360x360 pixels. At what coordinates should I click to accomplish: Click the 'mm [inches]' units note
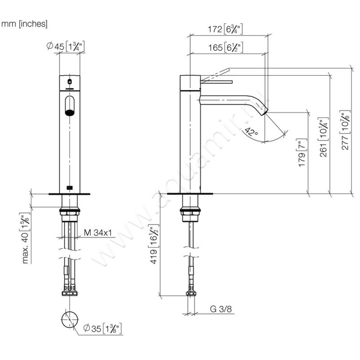(25, 23)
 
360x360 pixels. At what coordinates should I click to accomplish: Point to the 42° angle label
(250, 132)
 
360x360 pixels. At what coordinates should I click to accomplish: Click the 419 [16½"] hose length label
(153, 246)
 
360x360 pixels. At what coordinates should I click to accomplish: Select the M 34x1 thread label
(98, 233)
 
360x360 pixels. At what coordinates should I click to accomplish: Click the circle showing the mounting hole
(69, 320)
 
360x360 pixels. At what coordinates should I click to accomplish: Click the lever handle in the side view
(216, 82)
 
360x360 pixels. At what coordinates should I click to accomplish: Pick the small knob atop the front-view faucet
(69, 82)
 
